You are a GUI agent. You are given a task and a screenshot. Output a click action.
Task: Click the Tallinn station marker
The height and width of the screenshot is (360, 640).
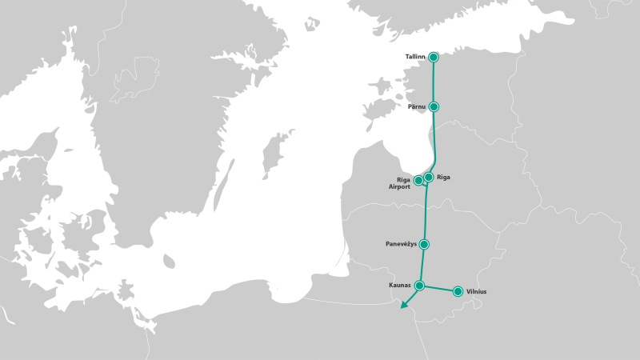(434, 57)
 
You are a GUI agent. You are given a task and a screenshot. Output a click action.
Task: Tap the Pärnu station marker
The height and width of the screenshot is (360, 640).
(434, 106)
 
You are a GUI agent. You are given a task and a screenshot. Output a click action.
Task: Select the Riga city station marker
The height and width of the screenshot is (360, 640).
(428, 177)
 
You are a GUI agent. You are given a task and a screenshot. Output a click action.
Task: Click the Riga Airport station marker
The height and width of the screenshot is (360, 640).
(418, 181)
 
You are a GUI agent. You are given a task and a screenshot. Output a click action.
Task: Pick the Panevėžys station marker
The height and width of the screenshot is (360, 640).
(424, 244)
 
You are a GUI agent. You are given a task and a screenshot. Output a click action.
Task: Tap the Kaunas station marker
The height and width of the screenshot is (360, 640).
(419, 285)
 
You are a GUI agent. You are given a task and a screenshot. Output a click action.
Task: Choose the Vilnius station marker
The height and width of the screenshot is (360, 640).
(458, 291)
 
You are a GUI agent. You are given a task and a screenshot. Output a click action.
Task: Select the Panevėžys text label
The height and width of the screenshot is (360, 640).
(402, 244)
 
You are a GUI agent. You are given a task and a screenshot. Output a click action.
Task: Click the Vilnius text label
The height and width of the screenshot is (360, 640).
(476, 292)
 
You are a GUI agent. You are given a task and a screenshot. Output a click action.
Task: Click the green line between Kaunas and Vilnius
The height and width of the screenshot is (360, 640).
(438, 288)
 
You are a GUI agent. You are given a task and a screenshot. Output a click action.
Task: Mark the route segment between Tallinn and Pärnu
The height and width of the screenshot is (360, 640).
(434, 82)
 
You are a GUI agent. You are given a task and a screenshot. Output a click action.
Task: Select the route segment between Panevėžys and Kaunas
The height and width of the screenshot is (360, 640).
(422, 265)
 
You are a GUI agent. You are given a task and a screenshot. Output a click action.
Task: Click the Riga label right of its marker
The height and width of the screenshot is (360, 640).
(444, 177)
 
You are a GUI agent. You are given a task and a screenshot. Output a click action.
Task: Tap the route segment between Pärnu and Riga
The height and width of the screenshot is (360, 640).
(437, 140)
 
